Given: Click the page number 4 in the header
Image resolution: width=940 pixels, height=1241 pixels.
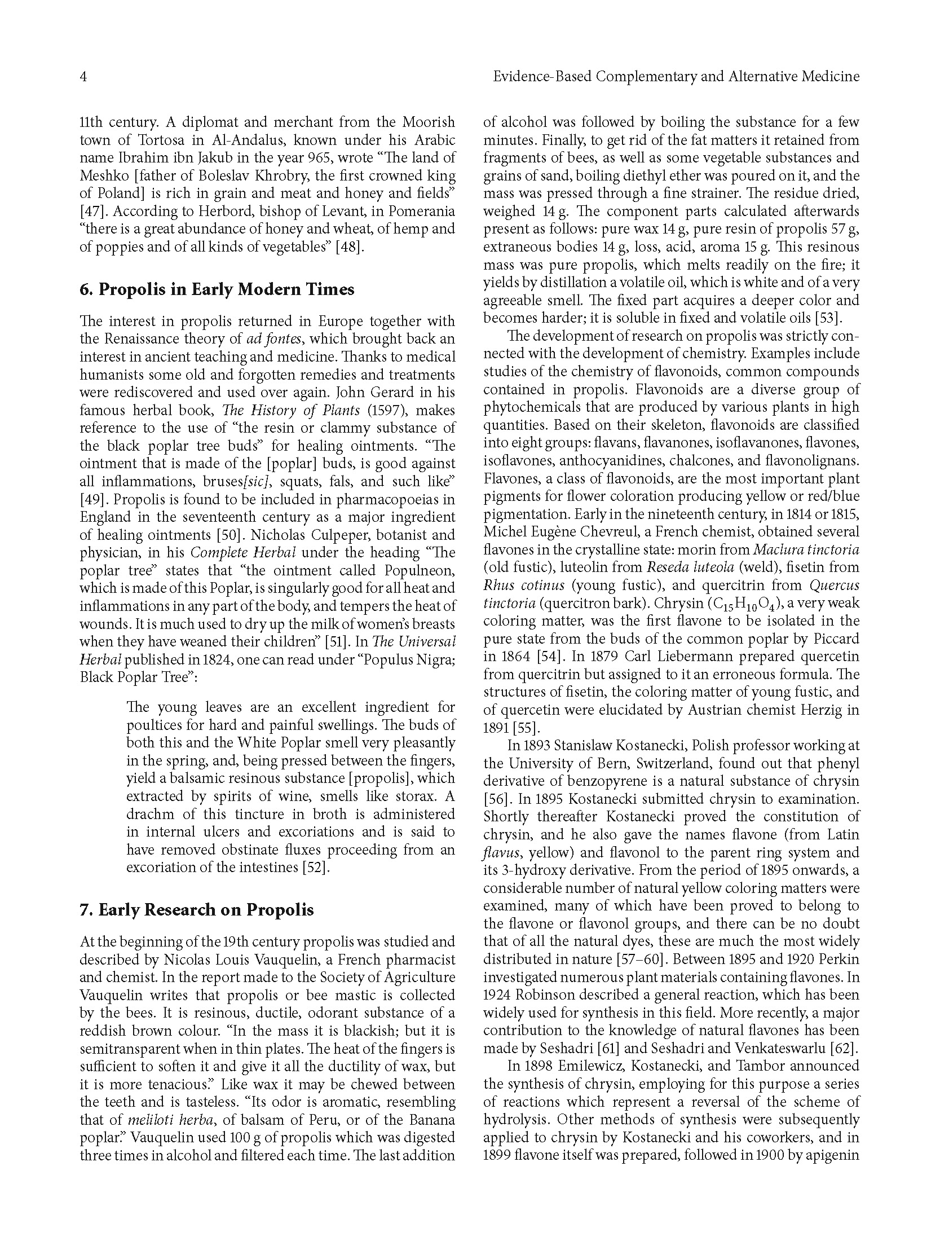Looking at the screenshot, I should (x=83, y=77).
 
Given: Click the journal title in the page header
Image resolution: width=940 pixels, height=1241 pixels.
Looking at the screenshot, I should (x=676, y=77).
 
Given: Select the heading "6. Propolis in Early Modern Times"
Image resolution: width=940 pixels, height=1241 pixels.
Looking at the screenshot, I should (x=217, y=289).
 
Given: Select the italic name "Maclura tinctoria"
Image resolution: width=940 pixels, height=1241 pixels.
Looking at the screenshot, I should (x=806, y=549).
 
